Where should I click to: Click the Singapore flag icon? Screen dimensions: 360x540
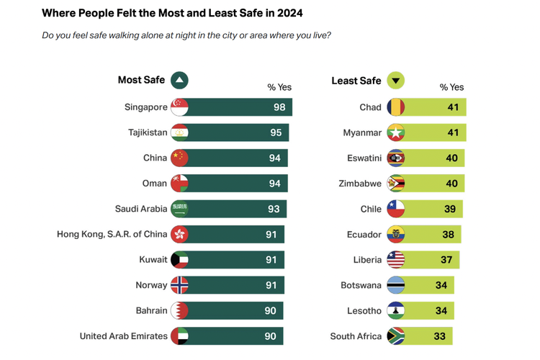click(x=179, y=107)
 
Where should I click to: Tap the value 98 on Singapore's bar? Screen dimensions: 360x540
click(x=279, y=107)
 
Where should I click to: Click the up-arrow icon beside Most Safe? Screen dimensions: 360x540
click(x=180, y=81)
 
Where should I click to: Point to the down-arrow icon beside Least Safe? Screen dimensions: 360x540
click(x=396, y=81)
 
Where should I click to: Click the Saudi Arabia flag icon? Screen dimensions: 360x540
click(x=179, y=209)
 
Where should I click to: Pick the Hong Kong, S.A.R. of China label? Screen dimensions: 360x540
click(x=112, y=234)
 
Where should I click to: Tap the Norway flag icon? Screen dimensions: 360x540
click(x=179, y=285)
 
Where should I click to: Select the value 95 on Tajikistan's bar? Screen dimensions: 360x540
click(x=276, y=132)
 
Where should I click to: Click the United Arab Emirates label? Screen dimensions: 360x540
click(x=123, y=336)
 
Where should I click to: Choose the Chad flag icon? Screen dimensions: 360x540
click(x=396, y=107)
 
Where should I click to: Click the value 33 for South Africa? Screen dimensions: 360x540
click(x=439, y=336)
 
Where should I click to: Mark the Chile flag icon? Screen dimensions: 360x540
click(x=396, y=209)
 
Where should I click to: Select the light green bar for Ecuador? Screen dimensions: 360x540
click(x=432, y=234)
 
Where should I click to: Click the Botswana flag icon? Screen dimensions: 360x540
click(x=396, y=285)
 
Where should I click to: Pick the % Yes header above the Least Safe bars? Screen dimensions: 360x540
click(x=451, y=87)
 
